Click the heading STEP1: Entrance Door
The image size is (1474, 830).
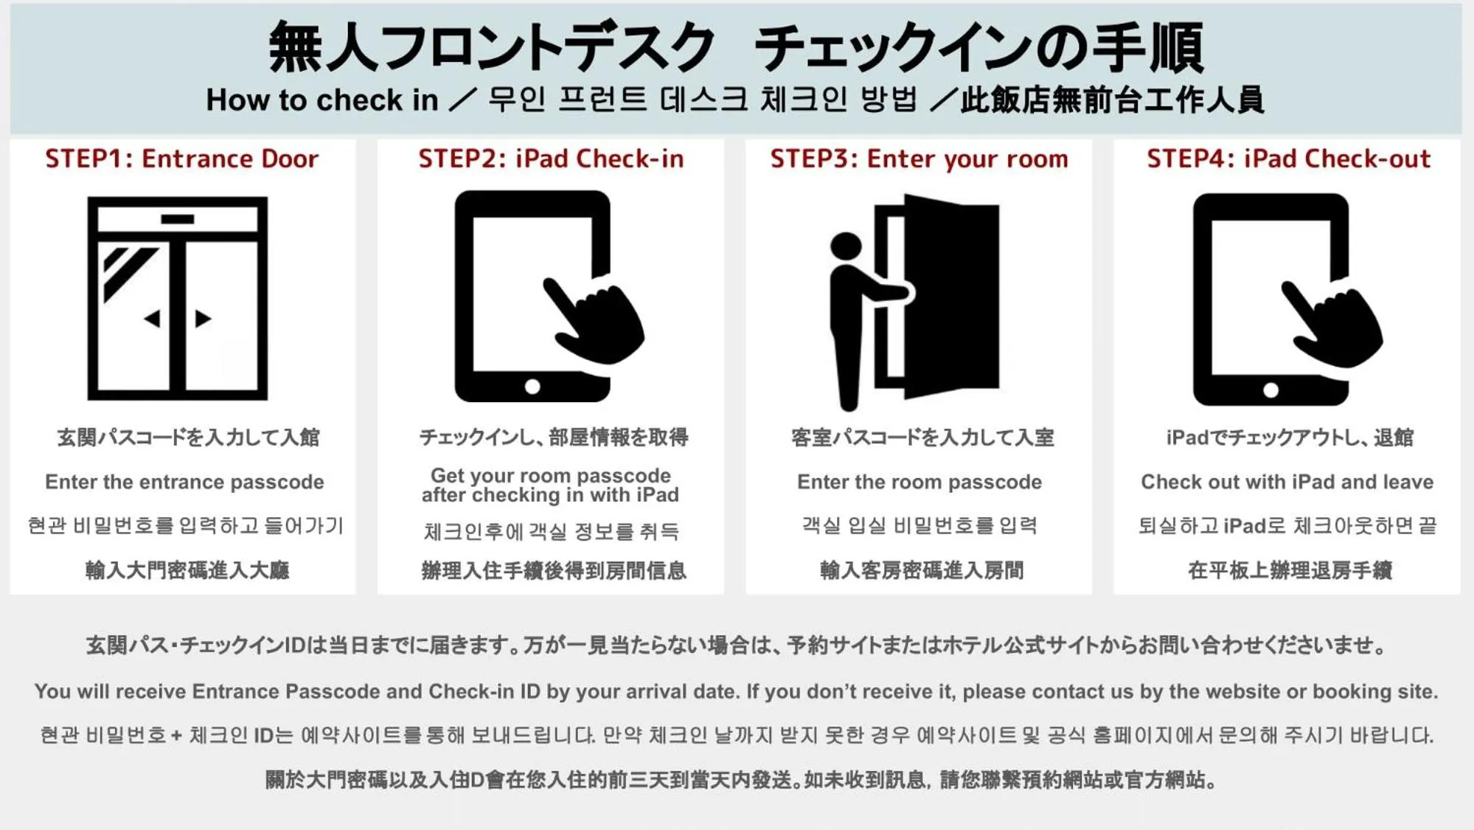pyautogui.click(x=181, y=159)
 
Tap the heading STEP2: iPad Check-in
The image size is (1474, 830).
pyautogui.click(x=551, y=159)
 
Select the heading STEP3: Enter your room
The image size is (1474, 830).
pyautogui.click(x=919, y=159)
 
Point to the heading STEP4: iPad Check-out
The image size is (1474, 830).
pyautogui.click(x=1287, y=159)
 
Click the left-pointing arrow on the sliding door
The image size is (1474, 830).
pyautogui.click(x=153, y=319)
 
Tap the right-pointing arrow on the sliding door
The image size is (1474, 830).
pyautogui.click(x=203, y=319)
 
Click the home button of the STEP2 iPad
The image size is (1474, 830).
pyautogui.click(x=532, y=387)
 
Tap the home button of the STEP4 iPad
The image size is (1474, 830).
pyautogui.click(x=1270, y=390)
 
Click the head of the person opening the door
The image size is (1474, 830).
pyautogui.click(x=845, y=246)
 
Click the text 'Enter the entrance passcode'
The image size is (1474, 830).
pyautogui.click(x=184, y=482)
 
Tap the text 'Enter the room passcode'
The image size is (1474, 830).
pyautogui.click(x=919, y=482)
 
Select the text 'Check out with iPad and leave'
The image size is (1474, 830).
pyautogui.click(x=1287, y=482)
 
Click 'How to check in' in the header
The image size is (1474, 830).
pyautogui.click(x=321, y=100)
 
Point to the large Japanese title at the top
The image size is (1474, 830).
pyautogui.click(x=736, y=47)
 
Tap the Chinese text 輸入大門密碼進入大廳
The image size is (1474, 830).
pyautogui.click(x=187, y=570)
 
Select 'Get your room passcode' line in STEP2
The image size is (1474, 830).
pyautogui.click(x=551, y=475)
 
